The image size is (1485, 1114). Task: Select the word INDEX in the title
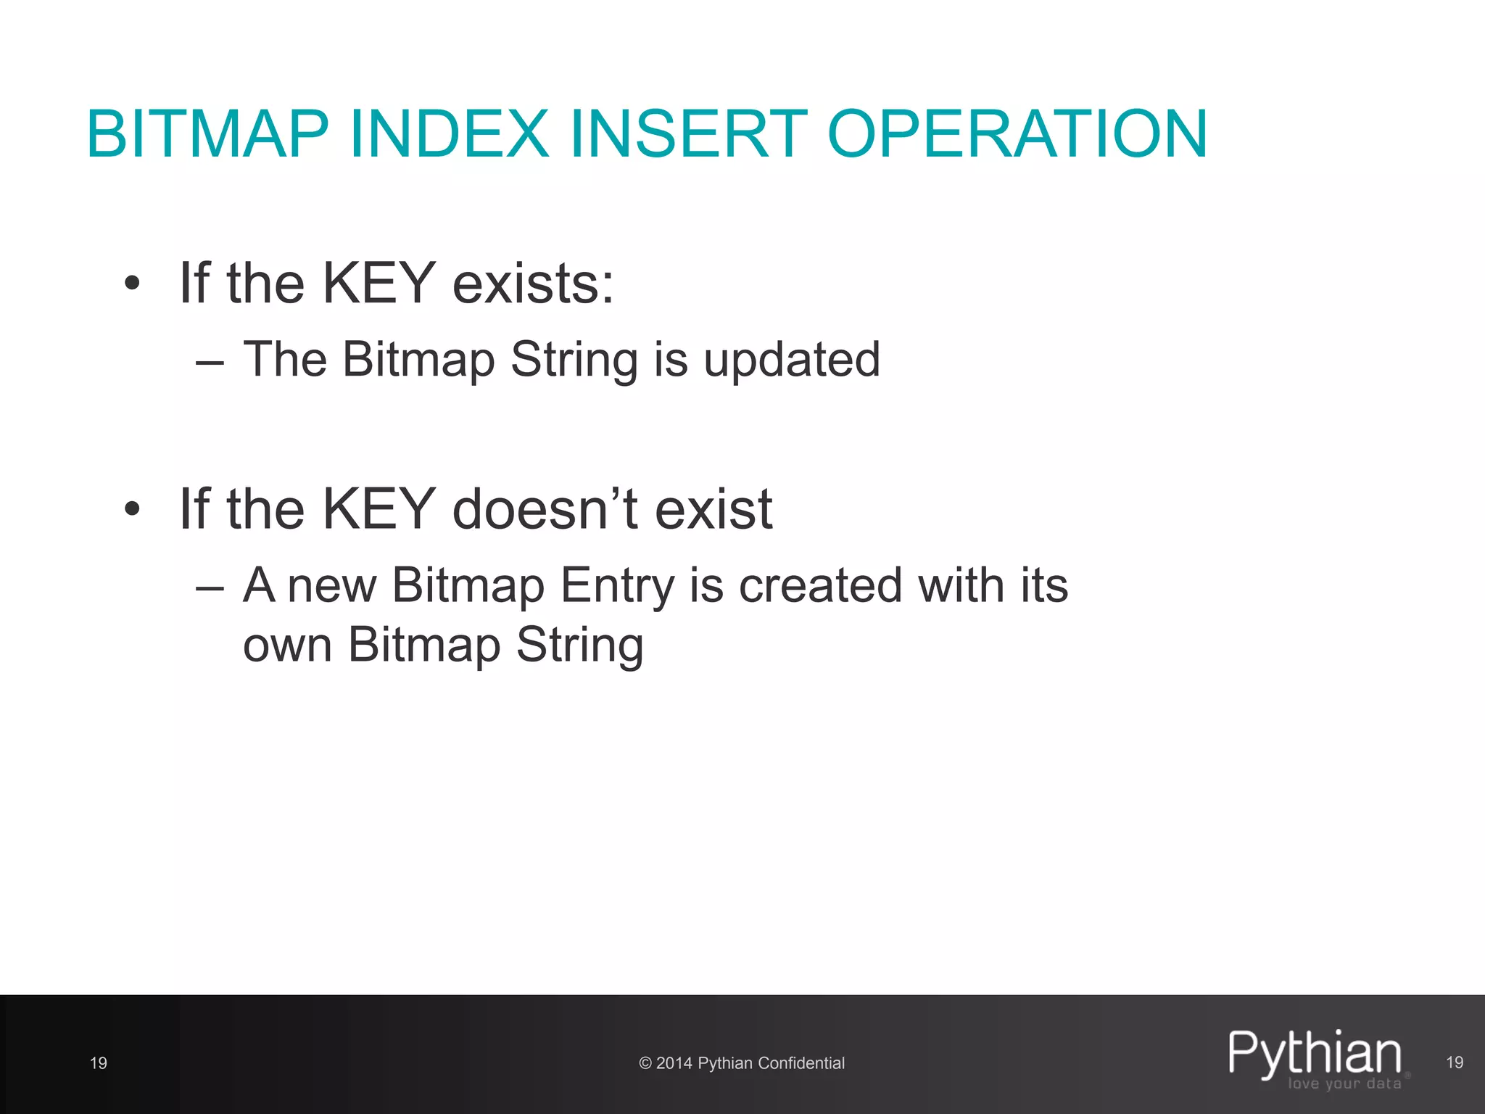tap(449, 134)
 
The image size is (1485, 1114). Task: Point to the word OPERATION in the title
tap(1017, 134)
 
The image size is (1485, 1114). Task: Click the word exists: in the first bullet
tap(533, 284)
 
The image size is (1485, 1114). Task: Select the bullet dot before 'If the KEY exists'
tap(131, 284)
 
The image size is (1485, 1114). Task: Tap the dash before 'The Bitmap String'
tap(210, 361)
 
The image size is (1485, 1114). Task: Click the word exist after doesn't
tap(713, 509)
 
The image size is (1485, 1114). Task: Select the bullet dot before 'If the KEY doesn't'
tap(131, 509)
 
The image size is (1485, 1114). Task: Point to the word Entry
tap(617, 585)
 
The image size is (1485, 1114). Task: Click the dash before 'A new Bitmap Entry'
tap(210, 587)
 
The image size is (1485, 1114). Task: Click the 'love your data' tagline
tap(1344, 1084)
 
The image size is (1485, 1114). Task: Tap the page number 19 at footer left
tap(99, 1063)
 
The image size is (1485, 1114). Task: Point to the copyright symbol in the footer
tap(645, 1063)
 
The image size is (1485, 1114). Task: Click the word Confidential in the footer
tap(801, 1063)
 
